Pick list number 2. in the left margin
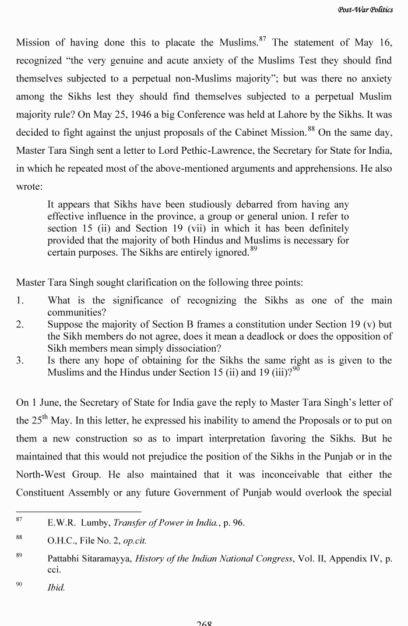tap(20, 324)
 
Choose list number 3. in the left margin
tap(20, 360)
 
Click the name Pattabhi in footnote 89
tap(65, 559)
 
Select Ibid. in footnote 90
tap(56, 588)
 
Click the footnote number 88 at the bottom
tap(19, 539)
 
